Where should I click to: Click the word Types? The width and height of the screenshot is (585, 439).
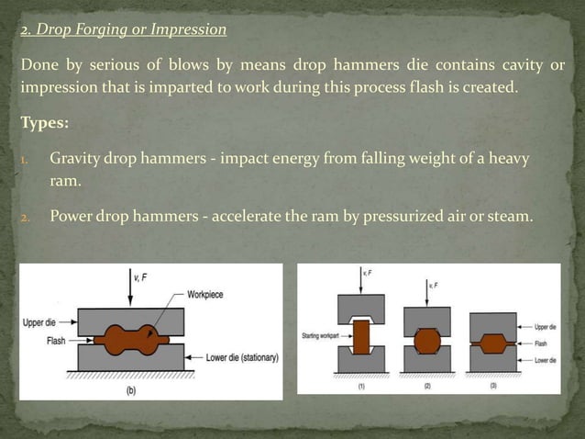pos(47,123)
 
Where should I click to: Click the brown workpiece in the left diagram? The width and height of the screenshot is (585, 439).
pos(131,336)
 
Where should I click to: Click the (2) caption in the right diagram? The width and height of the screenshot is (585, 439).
pos(427,386)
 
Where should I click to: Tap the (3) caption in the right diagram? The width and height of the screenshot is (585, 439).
pos(492,386)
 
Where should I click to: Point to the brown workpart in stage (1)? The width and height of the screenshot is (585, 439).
pos(362,336)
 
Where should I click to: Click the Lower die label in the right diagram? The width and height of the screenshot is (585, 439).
pos(545,361)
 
